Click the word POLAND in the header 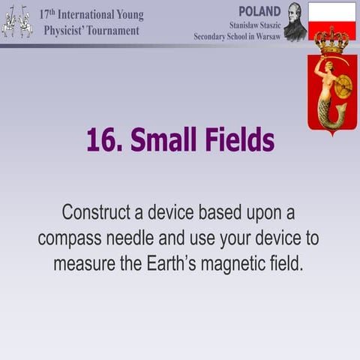click(259, 11)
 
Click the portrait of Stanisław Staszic click(295, 22)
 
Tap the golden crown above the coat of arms click(331, 40)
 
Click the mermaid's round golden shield click(343, 87)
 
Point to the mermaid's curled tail click(331, 116)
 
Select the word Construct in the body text click(97, 211)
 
